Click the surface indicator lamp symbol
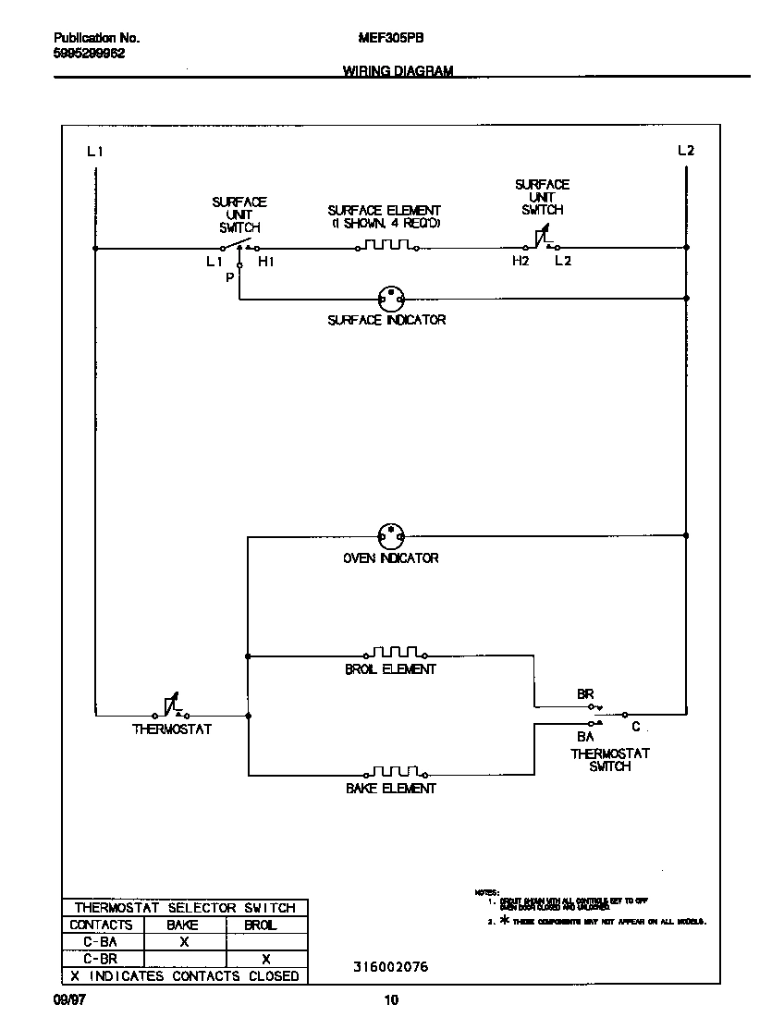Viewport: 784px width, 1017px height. (391, 299)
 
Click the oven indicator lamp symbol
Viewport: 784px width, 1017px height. (391, 535)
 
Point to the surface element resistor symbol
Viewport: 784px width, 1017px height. (387, 247)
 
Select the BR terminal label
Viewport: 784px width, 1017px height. (585, 694)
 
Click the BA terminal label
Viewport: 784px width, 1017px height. (585, 737)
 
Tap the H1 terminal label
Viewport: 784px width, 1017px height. (266, 263)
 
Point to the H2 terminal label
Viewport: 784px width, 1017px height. (521, 263)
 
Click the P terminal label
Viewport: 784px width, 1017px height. (229, 277)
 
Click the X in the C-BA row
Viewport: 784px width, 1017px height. (184, 942)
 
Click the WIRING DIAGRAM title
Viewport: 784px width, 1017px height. (398, 70)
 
